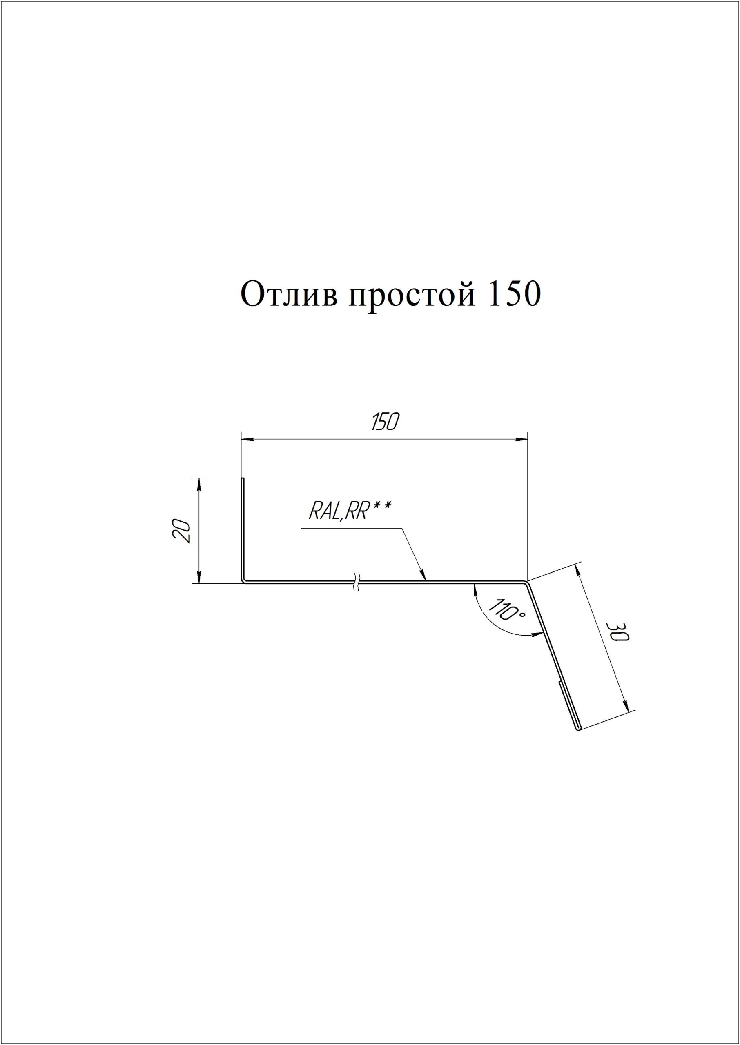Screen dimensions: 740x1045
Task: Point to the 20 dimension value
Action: pyautogui.click(x=182, y=530)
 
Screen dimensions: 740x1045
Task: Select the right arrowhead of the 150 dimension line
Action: pyautogui.click(x=521, y=439)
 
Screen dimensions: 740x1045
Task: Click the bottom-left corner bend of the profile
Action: pyautogui.click(x=244, y=581)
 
